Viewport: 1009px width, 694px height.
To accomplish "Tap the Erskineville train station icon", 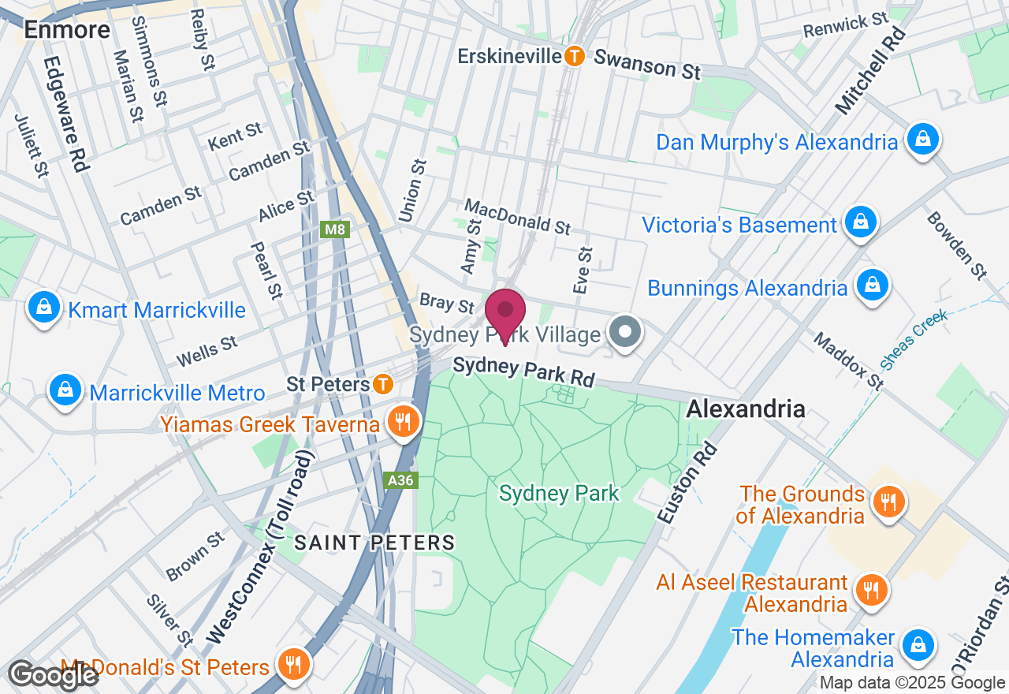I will click(x=575, y=56).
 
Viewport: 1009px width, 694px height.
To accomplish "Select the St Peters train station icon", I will click(x=383, y=384).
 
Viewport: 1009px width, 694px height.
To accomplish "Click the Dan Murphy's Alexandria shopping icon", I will click(x=920, y=140).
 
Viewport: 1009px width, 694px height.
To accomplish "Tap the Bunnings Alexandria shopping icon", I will click(x=872, y=286).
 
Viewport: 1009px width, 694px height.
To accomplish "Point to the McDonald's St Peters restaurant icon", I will click(x=293, y=666).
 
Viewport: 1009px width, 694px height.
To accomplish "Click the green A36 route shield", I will click(x=400, y=479).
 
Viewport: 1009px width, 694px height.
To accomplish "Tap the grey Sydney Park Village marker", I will click(x=627, y=333).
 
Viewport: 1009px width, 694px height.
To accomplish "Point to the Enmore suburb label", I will click(x=67, y=29).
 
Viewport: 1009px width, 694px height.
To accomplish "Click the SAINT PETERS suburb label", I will click(x=374, y=543).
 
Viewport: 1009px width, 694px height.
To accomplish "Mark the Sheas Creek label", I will click(x=914, y=339).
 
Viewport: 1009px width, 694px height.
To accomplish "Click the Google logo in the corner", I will click(x=54, y=675).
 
